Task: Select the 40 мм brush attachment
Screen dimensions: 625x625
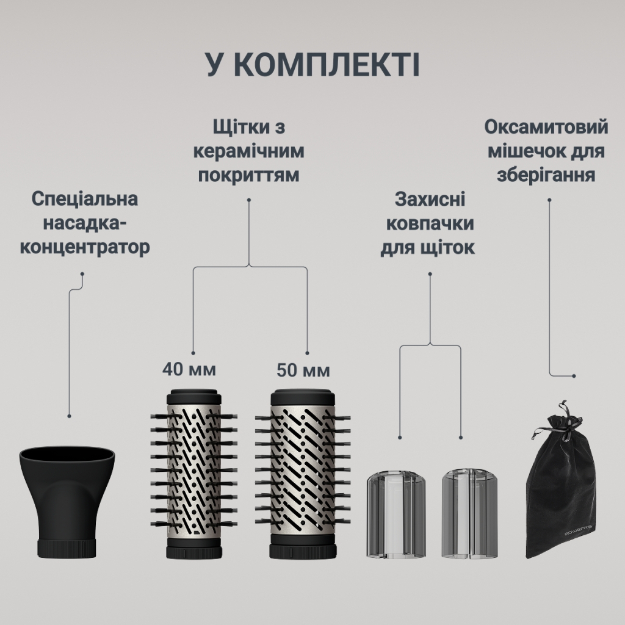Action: click(x=193, y=473)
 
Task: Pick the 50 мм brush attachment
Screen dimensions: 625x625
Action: click(x=303, y=473)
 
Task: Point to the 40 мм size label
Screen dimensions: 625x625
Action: click(x=189, y=369)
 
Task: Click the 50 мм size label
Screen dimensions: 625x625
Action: click(x=303, y=370)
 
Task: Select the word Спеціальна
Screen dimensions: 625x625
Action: click(x=85, y=199)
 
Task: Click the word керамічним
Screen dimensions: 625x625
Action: click(x=250, y=151)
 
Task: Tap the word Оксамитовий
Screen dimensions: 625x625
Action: click(x=547, y=128)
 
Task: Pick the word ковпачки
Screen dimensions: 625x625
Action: click(x=430, y=223)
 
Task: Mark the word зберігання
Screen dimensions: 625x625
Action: click(x=546, y=176)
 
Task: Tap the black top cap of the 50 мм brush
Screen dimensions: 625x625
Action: click(x=303, y=396)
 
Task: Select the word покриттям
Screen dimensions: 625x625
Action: click(x=250, y=175)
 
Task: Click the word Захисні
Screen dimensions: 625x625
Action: click(x=430, y=200)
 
